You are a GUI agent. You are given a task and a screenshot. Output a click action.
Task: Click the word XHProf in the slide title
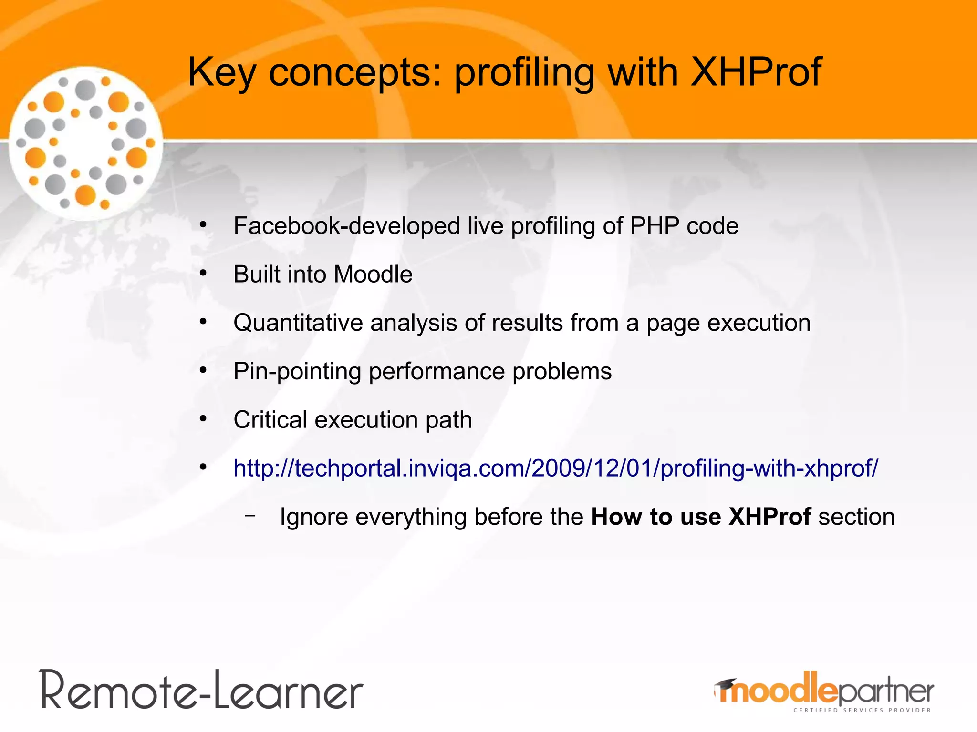click(x=756, y=72)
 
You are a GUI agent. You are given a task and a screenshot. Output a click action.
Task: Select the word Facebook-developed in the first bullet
click(x=346, y=226)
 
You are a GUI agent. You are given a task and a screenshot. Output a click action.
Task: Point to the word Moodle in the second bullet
click(x=373, y=274)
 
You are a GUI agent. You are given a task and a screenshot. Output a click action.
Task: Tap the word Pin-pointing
click(x=297, y=372)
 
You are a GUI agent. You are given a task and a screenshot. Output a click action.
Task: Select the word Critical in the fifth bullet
click(x=270, y=420)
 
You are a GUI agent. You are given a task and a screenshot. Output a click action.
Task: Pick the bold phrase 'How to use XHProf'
click(x=701, y=517)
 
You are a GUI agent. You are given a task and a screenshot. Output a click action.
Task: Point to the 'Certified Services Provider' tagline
click(x=862, y=710)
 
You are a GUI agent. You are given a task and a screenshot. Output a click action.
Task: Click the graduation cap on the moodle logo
click(x=725, y=684)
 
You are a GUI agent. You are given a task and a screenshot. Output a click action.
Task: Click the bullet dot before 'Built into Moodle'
click(x=203, y=274)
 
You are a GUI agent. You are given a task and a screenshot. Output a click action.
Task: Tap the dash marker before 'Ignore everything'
click(x=249, y=515)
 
